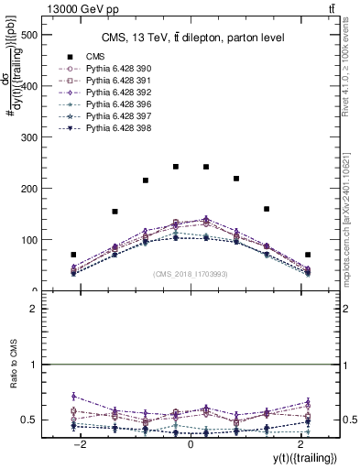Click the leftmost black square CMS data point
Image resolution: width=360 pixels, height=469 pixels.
tap(73, 255)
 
